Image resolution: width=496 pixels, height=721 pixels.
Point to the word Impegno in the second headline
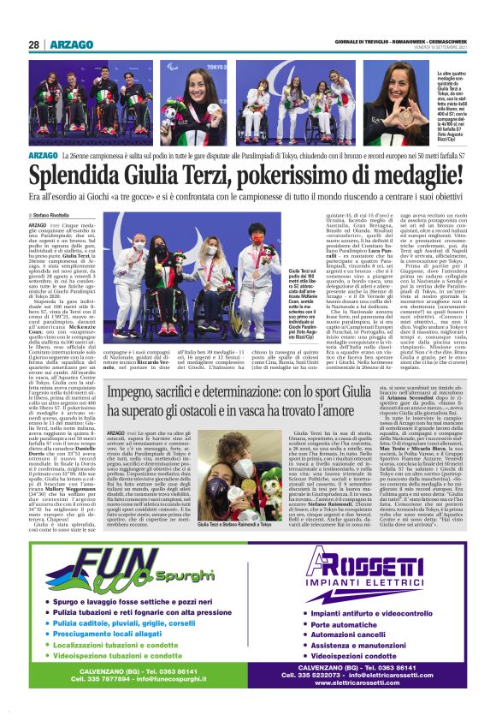(x=135, y=391)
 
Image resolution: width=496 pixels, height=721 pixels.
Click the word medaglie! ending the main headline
(x=435, y=177)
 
